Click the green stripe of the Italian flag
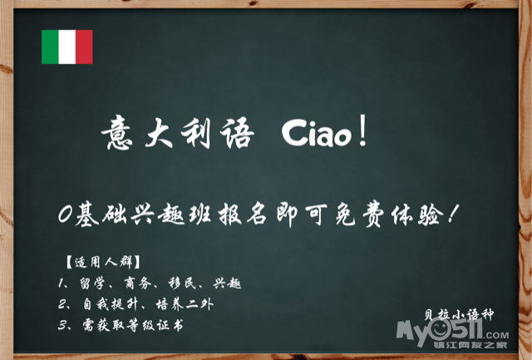(50, 47)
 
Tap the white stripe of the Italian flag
(67, 47)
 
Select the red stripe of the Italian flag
(84, 47)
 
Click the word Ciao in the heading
(317, 133)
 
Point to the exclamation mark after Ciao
(362, 131)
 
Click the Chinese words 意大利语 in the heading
(177, 132)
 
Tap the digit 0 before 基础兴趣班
(65, 215)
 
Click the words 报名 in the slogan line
(242, 215)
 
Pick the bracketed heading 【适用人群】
(103, 262)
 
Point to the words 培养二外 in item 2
(185, 304)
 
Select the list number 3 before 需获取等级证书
(62, 326)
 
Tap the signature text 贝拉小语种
(458, 314)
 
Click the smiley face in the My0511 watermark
(441, 328)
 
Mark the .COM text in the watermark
(496, 335)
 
